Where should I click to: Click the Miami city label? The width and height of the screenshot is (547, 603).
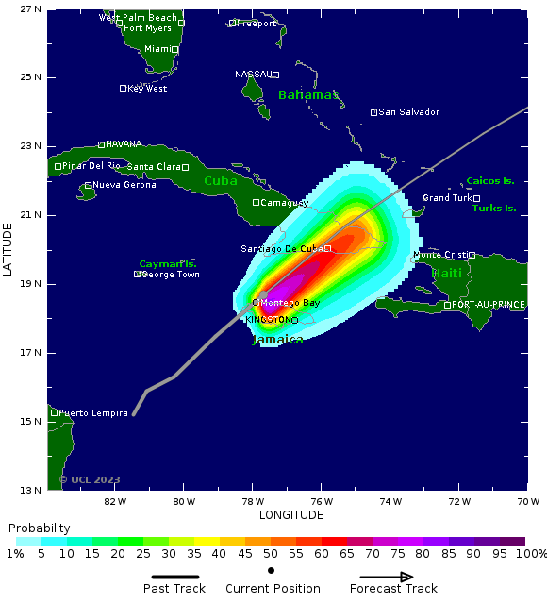click(x=157, y=49)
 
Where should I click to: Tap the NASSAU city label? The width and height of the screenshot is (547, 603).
click(x=253, y=74)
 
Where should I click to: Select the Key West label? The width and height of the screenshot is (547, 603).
click(x=147, y=89)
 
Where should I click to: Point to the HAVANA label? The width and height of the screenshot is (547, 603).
click(x=124, y=144)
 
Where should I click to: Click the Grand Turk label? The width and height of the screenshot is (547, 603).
click(x=447, y=198)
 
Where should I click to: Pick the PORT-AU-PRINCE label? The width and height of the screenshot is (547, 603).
click(x=489, y=305)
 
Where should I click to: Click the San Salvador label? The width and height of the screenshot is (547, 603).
click(x=408, y=112)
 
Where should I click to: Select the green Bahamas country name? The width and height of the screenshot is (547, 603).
click(x=308, y=95)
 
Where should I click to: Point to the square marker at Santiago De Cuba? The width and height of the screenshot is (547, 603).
click(x=327, y=248)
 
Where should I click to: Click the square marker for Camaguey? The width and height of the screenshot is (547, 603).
click(x=256, y=202)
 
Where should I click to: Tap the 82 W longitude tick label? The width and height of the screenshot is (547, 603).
click(x=115, y=501)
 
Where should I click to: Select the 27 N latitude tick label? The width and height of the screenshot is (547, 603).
click(x=31, y=8)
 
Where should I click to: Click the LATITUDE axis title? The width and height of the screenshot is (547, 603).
click(x=8, y=249)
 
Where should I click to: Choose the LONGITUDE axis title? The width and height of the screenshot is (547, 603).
click(x=290, y=515)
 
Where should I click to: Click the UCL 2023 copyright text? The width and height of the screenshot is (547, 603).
click(x=91, y=479)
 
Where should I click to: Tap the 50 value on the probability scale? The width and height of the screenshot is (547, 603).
click(x=270, y=554)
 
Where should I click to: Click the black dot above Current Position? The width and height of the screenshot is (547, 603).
click(x=272, y=570)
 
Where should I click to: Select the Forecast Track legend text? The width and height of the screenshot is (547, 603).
click(x=393, y=589)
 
